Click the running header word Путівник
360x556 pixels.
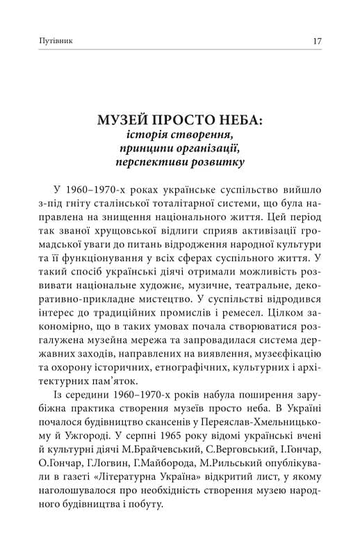tap(58, 41)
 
